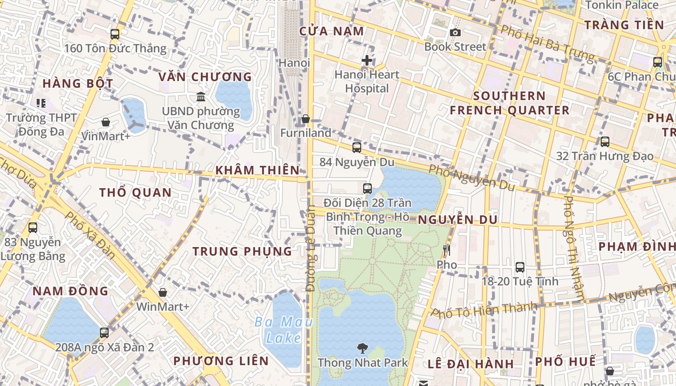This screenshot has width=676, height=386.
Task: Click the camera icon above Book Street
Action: (x=455, y=33)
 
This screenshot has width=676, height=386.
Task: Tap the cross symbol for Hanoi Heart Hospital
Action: (x=367, y=60)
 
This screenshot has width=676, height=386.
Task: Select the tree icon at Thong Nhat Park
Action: (x=362, y=348)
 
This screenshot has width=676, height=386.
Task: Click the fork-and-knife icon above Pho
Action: (x=446, y=250)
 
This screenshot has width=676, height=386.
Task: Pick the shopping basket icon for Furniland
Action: (x=306, y=119)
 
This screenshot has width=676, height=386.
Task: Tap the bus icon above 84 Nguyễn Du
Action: (x=357, y=148)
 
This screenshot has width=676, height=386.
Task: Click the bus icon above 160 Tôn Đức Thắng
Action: (x=115, y=34)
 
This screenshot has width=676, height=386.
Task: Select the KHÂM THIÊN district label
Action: (x=257, y=170)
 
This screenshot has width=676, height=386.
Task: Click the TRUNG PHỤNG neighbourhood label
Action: (x=242, y=251)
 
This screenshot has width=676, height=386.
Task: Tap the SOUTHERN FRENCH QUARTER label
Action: (x=509, y=103)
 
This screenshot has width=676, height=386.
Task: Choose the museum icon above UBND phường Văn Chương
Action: (x=201, y=97)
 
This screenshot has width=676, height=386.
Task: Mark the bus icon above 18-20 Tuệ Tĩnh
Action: (x=520, y=267)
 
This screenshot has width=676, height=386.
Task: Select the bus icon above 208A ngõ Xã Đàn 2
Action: (x=104, y=332)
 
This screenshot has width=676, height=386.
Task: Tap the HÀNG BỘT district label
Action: (x=78, y=83)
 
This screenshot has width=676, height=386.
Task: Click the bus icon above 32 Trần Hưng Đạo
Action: (x=605, y=142)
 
